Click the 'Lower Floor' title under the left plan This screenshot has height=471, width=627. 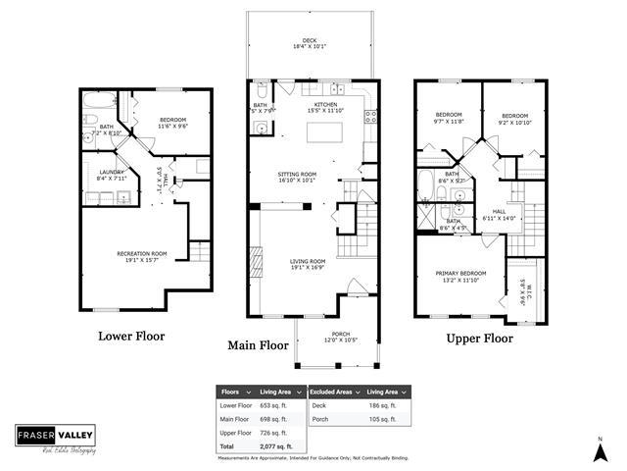coord(131,336)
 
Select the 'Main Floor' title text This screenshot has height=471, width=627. coord(258,345)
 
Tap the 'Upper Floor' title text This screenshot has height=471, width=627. coord(480,339)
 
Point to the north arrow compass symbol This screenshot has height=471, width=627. coord(599,451)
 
